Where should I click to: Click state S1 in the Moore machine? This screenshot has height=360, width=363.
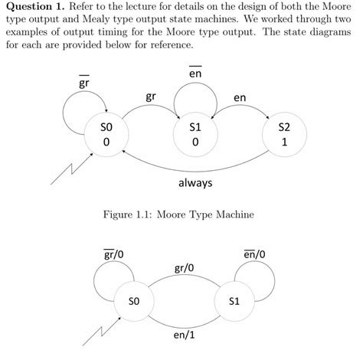[196, 135]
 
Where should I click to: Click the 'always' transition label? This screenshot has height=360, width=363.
[195, 184]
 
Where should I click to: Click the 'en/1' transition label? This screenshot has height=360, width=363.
[184, 335]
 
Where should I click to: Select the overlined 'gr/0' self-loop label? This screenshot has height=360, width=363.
[115, 254]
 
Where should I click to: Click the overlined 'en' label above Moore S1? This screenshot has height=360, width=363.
[195, 73]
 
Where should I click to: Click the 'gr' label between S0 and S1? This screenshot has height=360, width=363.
[151, 97]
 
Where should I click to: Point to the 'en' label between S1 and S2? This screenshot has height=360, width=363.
[239, 97]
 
